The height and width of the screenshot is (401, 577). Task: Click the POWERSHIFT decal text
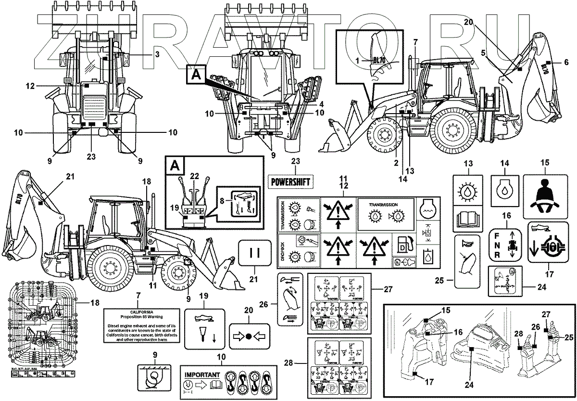(x=288, y=181)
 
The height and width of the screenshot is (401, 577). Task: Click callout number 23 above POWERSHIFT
(x=295, y=162)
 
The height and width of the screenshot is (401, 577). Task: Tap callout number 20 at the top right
(x=469, y=22)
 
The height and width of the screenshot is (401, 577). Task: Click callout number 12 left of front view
(x=30, y=86)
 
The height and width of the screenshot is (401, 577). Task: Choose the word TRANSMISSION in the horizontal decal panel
(x=383, y=205)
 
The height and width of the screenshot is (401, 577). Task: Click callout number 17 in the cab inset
(x=429, y=383)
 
